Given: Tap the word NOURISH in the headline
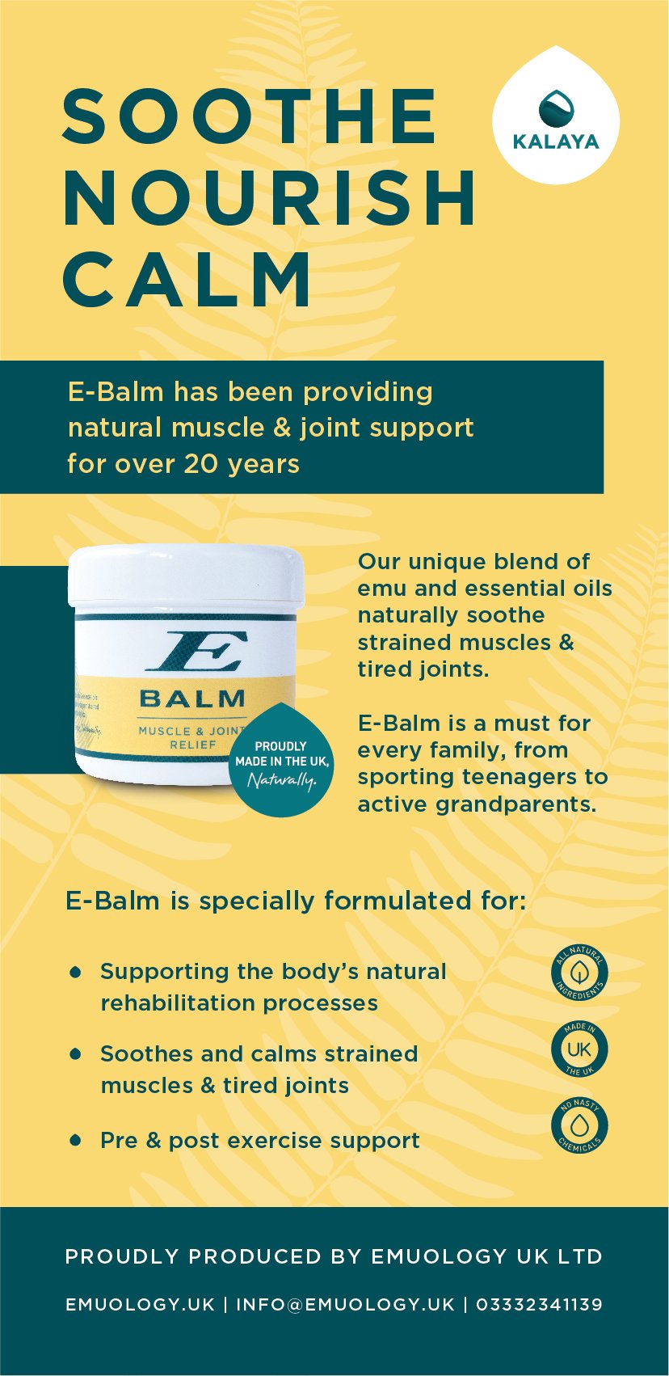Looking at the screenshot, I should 270,197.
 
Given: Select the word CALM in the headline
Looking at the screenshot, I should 187,279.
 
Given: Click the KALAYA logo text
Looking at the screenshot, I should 556,142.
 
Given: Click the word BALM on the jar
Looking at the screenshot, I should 192,699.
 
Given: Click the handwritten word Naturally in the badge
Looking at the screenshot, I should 280,780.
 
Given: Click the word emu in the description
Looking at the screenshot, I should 381,589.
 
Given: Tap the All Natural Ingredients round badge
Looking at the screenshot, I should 579,973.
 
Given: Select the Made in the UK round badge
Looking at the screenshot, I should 579,1049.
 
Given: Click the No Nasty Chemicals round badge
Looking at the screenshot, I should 579,1125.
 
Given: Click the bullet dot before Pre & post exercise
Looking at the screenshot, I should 76,1140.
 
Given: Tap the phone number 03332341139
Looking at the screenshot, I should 539,1304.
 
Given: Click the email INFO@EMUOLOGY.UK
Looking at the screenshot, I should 345,1304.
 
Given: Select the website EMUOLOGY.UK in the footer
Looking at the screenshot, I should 140,1304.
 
